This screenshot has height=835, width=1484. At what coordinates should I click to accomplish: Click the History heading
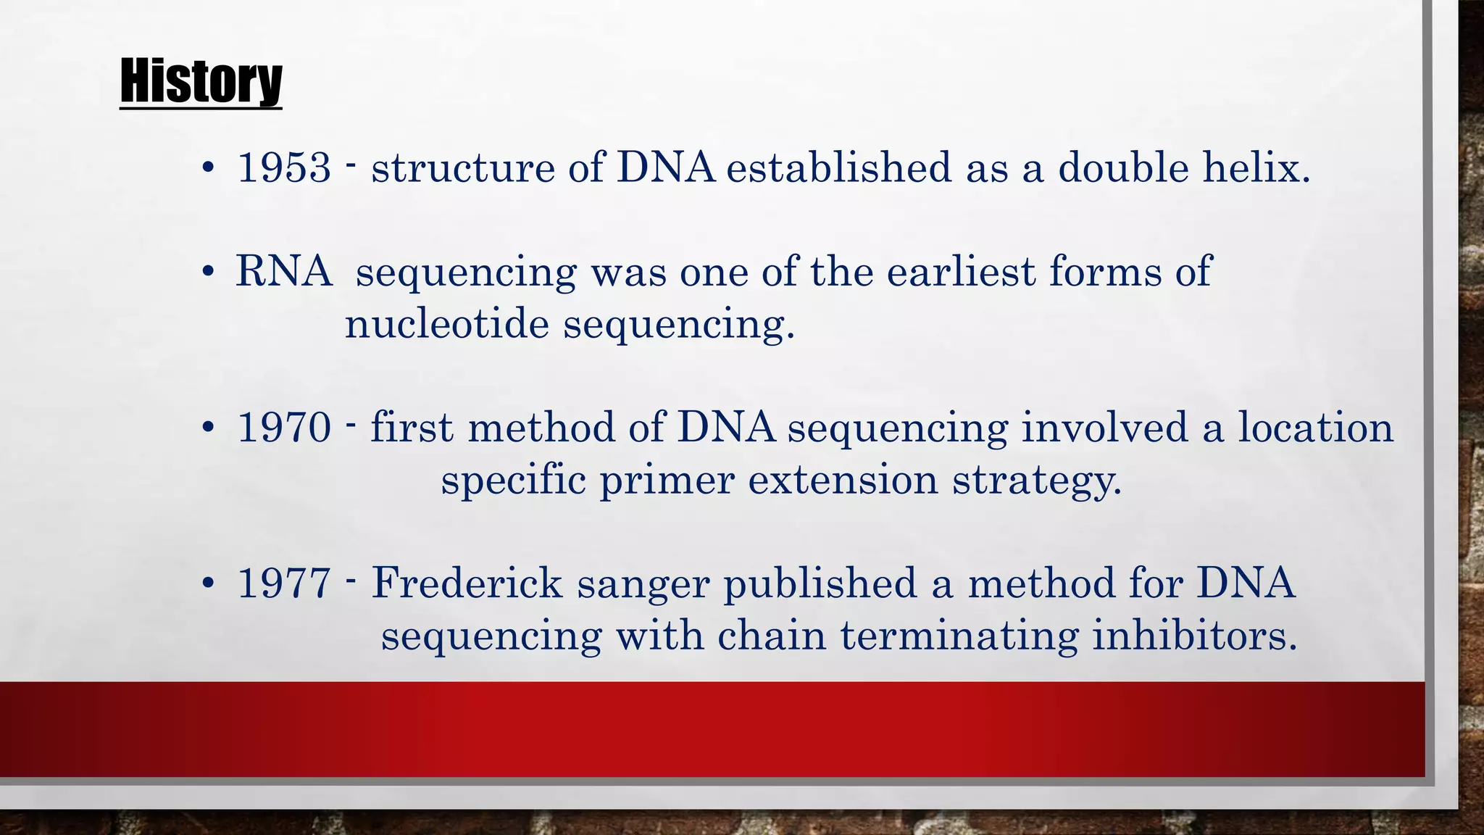coord(201,81)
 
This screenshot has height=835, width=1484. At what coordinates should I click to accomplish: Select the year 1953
coord(284,167)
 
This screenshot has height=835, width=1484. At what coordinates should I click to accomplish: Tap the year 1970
coord(284,428)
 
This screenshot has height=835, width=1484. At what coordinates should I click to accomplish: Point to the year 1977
coord(284,583)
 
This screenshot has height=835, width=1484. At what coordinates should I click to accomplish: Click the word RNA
coord(283,272)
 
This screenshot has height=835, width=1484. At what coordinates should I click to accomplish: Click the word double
coord(1123,167)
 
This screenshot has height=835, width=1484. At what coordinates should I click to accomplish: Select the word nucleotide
coord(446,323)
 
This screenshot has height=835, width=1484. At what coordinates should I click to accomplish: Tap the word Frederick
coord(467,583)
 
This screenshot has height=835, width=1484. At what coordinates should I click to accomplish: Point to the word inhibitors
coord(1194,636)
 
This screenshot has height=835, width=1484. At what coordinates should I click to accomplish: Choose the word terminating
coord(959,637)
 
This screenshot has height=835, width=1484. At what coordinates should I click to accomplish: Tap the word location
coord(1315,428)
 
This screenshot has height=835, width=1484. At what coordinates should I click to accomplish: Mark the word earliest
coord(961,272)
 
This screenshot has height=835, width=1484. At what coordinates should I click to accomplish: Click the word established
coord(838,167)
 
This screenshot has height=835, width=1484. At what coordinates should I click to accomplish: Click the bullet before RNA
coord(209,273)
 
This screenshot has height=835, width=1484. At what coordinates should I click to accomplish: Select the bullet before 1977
coord(209,583)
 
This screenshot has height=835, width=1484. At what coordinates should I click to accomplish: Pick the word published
coord(820,584)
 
